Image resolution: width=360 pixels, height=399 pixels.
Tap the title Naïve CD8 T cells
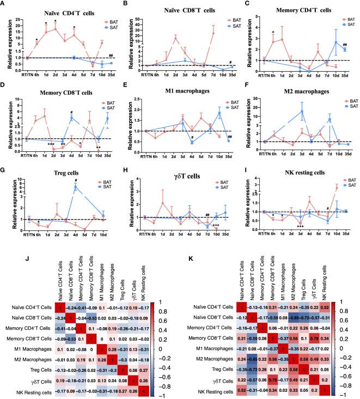click(174, 9)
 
